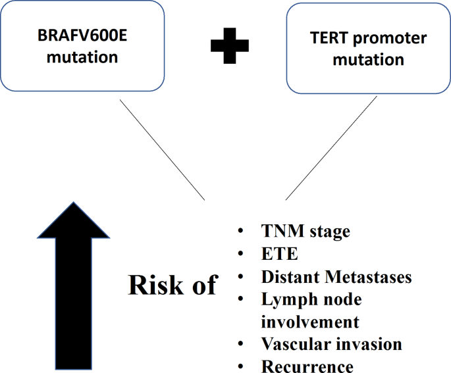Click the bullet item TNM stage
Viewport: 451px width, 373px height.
pyautogui.click(x=305, y=232)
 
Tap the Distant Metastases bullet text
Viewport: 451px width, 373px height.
pyautogui.click(x=336, y=277)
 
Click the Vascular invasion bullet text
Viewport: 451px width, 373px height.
pyautogui.click(x=331, y=344)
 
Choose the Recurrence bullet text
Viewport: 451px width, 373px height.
pyautogui.click(x=307, y=366)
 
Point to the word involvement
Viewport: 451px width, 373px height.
pyautogui.click(x=310, y=322)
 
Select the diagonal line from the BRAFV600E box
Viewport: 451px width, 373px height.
pyautogui.click(x=161, y=149)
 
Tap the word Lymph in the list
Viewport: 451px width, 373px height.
pyautogui.click(x=287, y=299)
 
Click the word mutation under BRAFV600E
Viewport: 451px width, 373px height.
pyautogui.click(x=82, y=57)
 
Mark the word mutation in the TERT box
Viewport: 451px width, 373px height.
pyautogui.click(x=368, y=60)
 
